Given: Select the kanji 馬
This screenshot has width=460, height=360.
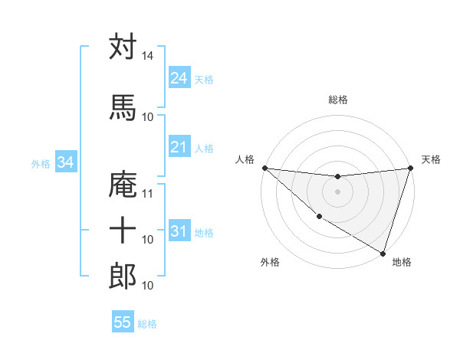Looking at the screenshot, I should coord(123,107).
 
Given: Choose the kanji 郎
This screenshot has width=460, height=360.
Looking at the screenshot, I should coord(123,276).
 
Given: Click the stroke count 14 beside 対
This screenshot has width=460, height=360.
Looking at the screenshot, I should coord(148,57).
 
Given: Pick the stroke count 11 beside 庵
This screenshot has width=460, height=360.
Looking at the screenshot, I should coord(148,193).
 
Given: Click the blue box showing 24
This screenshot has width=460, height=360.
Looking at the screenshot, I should coord(179,78).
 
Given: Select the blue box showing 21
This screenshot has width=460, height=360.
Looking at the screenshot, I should coord(179,147).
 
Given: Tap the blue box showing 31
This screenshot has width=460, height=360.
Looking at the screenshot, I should coord(179,231).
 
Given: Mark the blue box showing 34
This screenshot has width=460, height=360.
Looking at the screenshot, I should coord(65,162).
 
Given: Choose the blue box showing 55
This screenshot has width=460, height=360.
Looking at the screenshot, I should coord(123,322).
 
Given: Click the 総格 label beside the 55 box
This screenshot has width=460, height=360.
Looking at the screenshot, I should coord(147,324).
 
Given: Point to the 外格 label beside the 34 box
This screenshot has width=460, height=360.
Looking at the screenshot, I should coord(41,164).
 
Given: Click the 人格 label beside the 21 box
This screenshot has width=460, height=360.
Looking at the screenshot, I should coord(204,149).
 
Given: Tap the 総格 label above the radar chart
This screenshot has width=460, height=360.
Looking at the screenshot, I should coord(338,100).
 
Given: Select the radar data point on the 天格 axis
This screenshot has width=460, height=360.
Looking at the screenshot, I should coord(410,169).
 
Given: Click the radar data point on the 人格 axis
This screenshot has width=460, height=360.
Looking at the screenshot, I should coord(264,168).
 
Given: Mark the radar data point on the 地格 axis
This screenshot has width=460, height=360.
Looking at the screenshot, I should coord(383,253).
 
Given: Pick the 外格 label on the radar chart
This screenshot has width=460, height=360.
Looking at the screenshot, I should coord(270,262).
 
